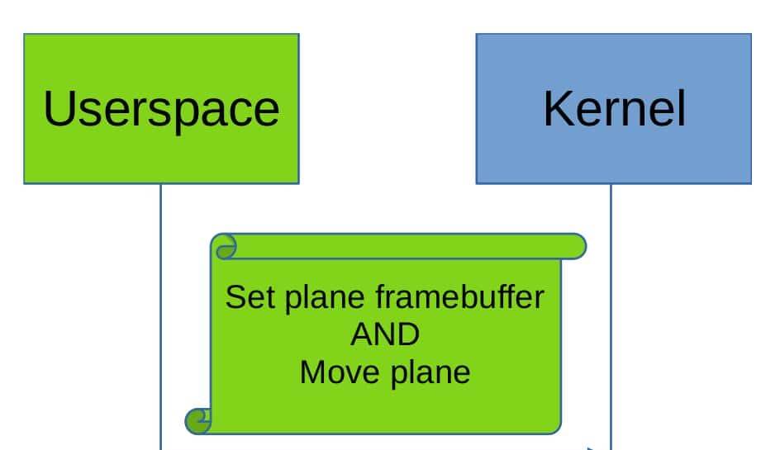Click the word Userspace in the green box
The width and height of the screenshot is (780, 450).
[x=161, y=109]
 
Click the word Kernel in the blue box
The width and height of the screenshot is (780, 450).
[x=614, y=109]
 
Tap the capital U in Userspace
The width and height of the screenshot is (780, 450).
[x=59, y=109]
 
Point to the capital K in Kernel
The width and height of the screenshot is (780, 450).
[x=559, y=109]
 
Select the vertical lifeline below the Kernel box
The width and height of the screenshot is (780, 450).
[x=611, y=330]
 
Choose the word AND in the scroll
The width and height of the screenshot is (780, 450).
[x=384, y=334]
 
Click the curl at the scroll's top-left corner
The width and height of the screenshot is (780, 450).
[x=223, y=246]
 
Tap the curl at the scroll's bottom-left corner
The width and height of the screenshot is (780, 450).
[x=198, y=421]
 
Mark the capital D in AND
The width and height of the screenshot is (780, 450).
[x=408, y=334]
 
